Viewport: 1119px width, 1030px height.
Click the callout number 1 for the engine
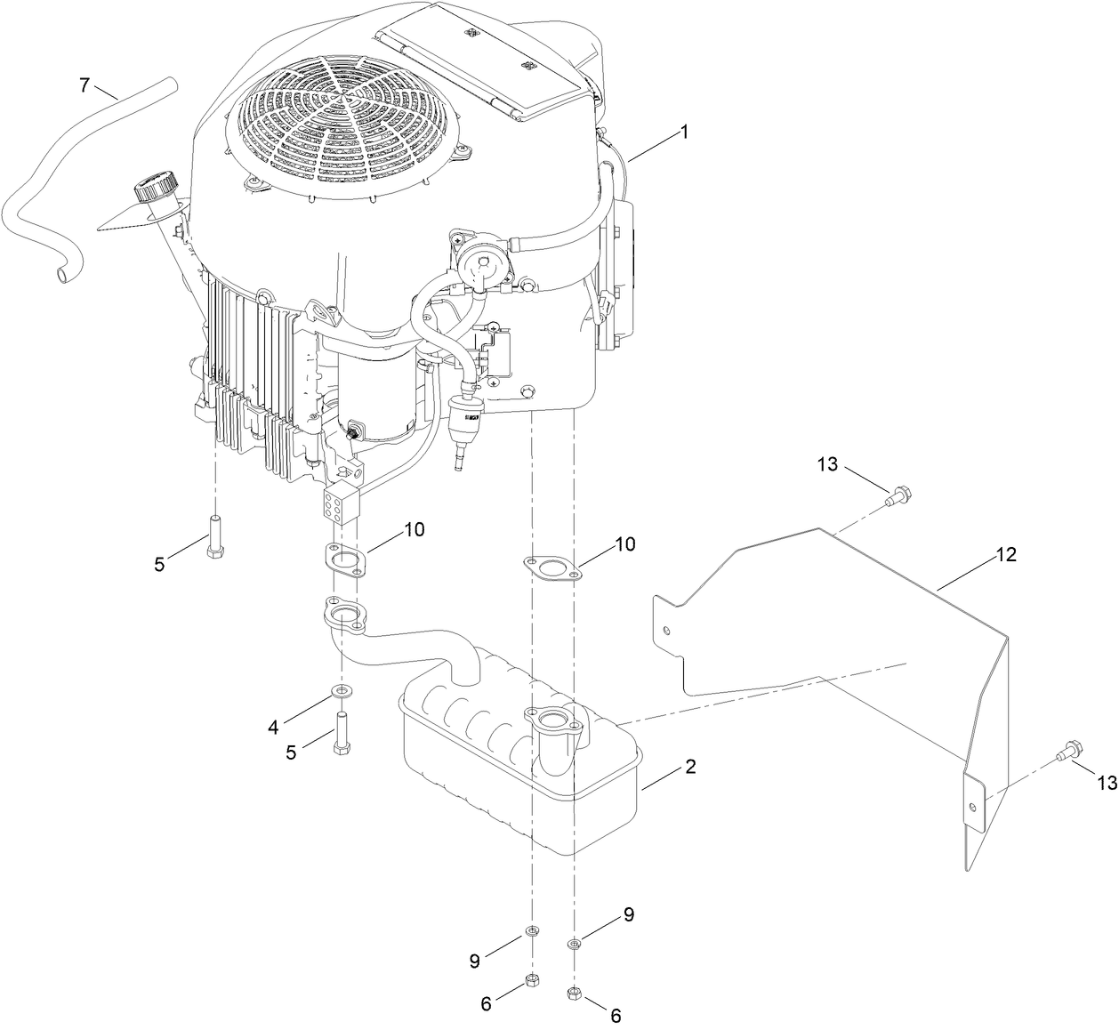pos(684,132)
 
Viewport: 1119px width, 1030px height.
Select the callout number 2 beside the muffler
pos(690,767)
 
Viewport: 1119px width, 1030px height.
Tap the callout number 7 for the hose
pos(85,85)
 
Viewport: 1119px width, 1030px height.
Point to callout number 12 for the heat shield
pos(1006,554)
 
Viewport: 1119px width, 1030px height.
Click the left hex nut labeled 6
pos(532,979)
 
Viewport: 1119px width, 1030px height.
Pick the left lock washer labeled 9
pos(532,930)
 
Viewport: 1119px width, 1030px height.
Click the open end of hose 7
pos(61,278)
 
